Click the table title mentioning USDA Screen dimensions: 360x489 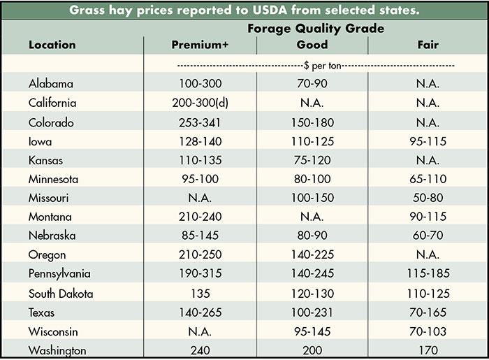coord(245,10)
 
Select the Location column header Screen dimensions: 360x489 coord(52,45)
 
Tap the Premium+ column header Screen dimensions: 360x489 coord(200,45)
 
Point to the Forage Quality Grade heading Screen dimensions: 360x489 coord(315,29)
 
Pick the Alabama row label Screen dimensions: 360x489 coord(51,83)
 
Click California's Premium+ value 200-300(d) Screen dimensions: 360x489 coord(200,103)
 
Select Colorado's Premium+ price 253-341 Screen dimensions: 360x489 coord(200,122)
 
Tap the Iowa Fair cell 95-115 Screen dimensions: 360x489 coord(428,141)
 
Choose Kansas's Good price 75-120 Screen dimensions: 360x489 coord(312,160)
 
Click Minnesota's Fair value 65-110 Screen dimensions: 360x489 coord(428,179)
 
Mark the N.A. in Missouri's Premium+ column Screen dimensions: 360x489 coord(200,198)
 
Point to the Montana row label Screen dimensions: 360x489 coord(50,217)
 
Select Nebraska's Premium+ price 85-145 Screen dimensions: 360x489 coord(200,236)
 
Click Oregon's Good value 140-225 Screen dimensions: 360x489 coord(312,255)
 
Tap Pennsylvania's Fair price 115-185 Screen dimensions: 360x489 coord(428,274)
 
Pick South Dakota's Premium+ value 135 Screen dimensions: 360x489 coord(200,294)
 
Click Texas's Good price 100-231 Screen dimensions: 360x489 coord(312,312)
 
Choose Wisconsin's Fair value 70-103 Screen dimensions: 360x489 coord(428,331)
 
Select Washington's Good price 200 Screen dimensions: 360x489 coord(312,350)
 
